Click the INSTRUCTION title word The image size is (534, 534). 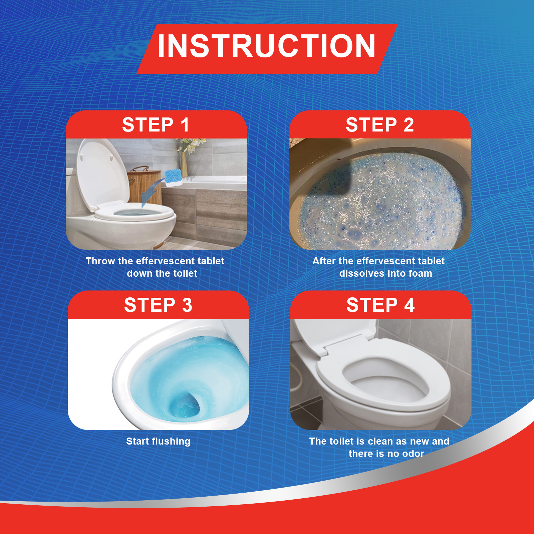coord(266,47)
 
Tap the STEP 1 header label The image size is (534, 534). coord(156,125)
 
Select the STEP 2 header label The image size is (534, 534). coord(380,125)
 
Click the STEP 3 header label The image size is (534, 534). coord(158,305)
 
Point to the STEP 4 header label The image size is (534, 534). coord(380,305)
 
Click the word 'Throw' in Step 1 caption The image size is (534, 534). coord(100,261)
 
